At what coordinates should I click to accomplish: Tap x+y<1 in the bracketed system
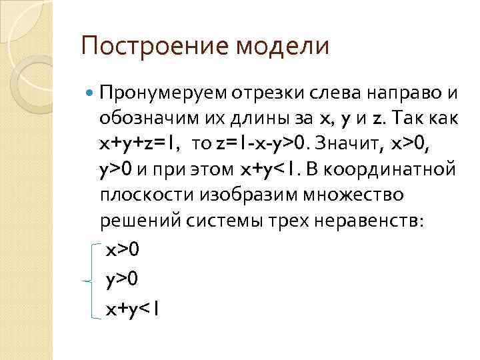pos(132,309)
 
